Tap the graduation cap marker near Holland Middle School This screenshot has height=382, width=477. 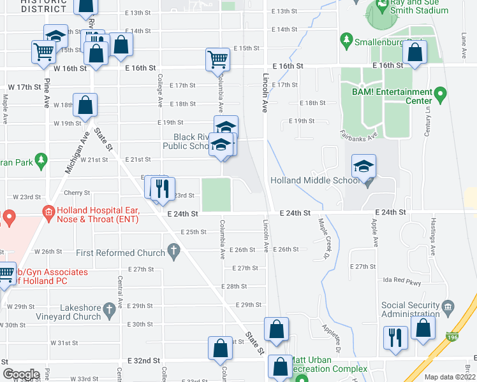[x=364, y=167]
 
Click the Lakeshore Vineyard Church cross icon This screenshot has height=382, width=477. [x=109, y=311]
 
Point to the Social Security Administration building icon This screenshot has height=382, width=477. [x=447, y=308]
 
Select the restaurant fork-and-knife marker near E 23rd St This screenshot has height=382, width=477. [x=159, y=188]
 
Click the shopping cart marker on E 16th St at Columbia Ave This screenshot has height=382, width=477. [x=217, y=60]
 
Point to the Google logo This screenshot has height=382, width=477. [x=20, y=374]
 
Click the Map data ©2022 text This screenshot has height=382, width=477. [x=450, y=377]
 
